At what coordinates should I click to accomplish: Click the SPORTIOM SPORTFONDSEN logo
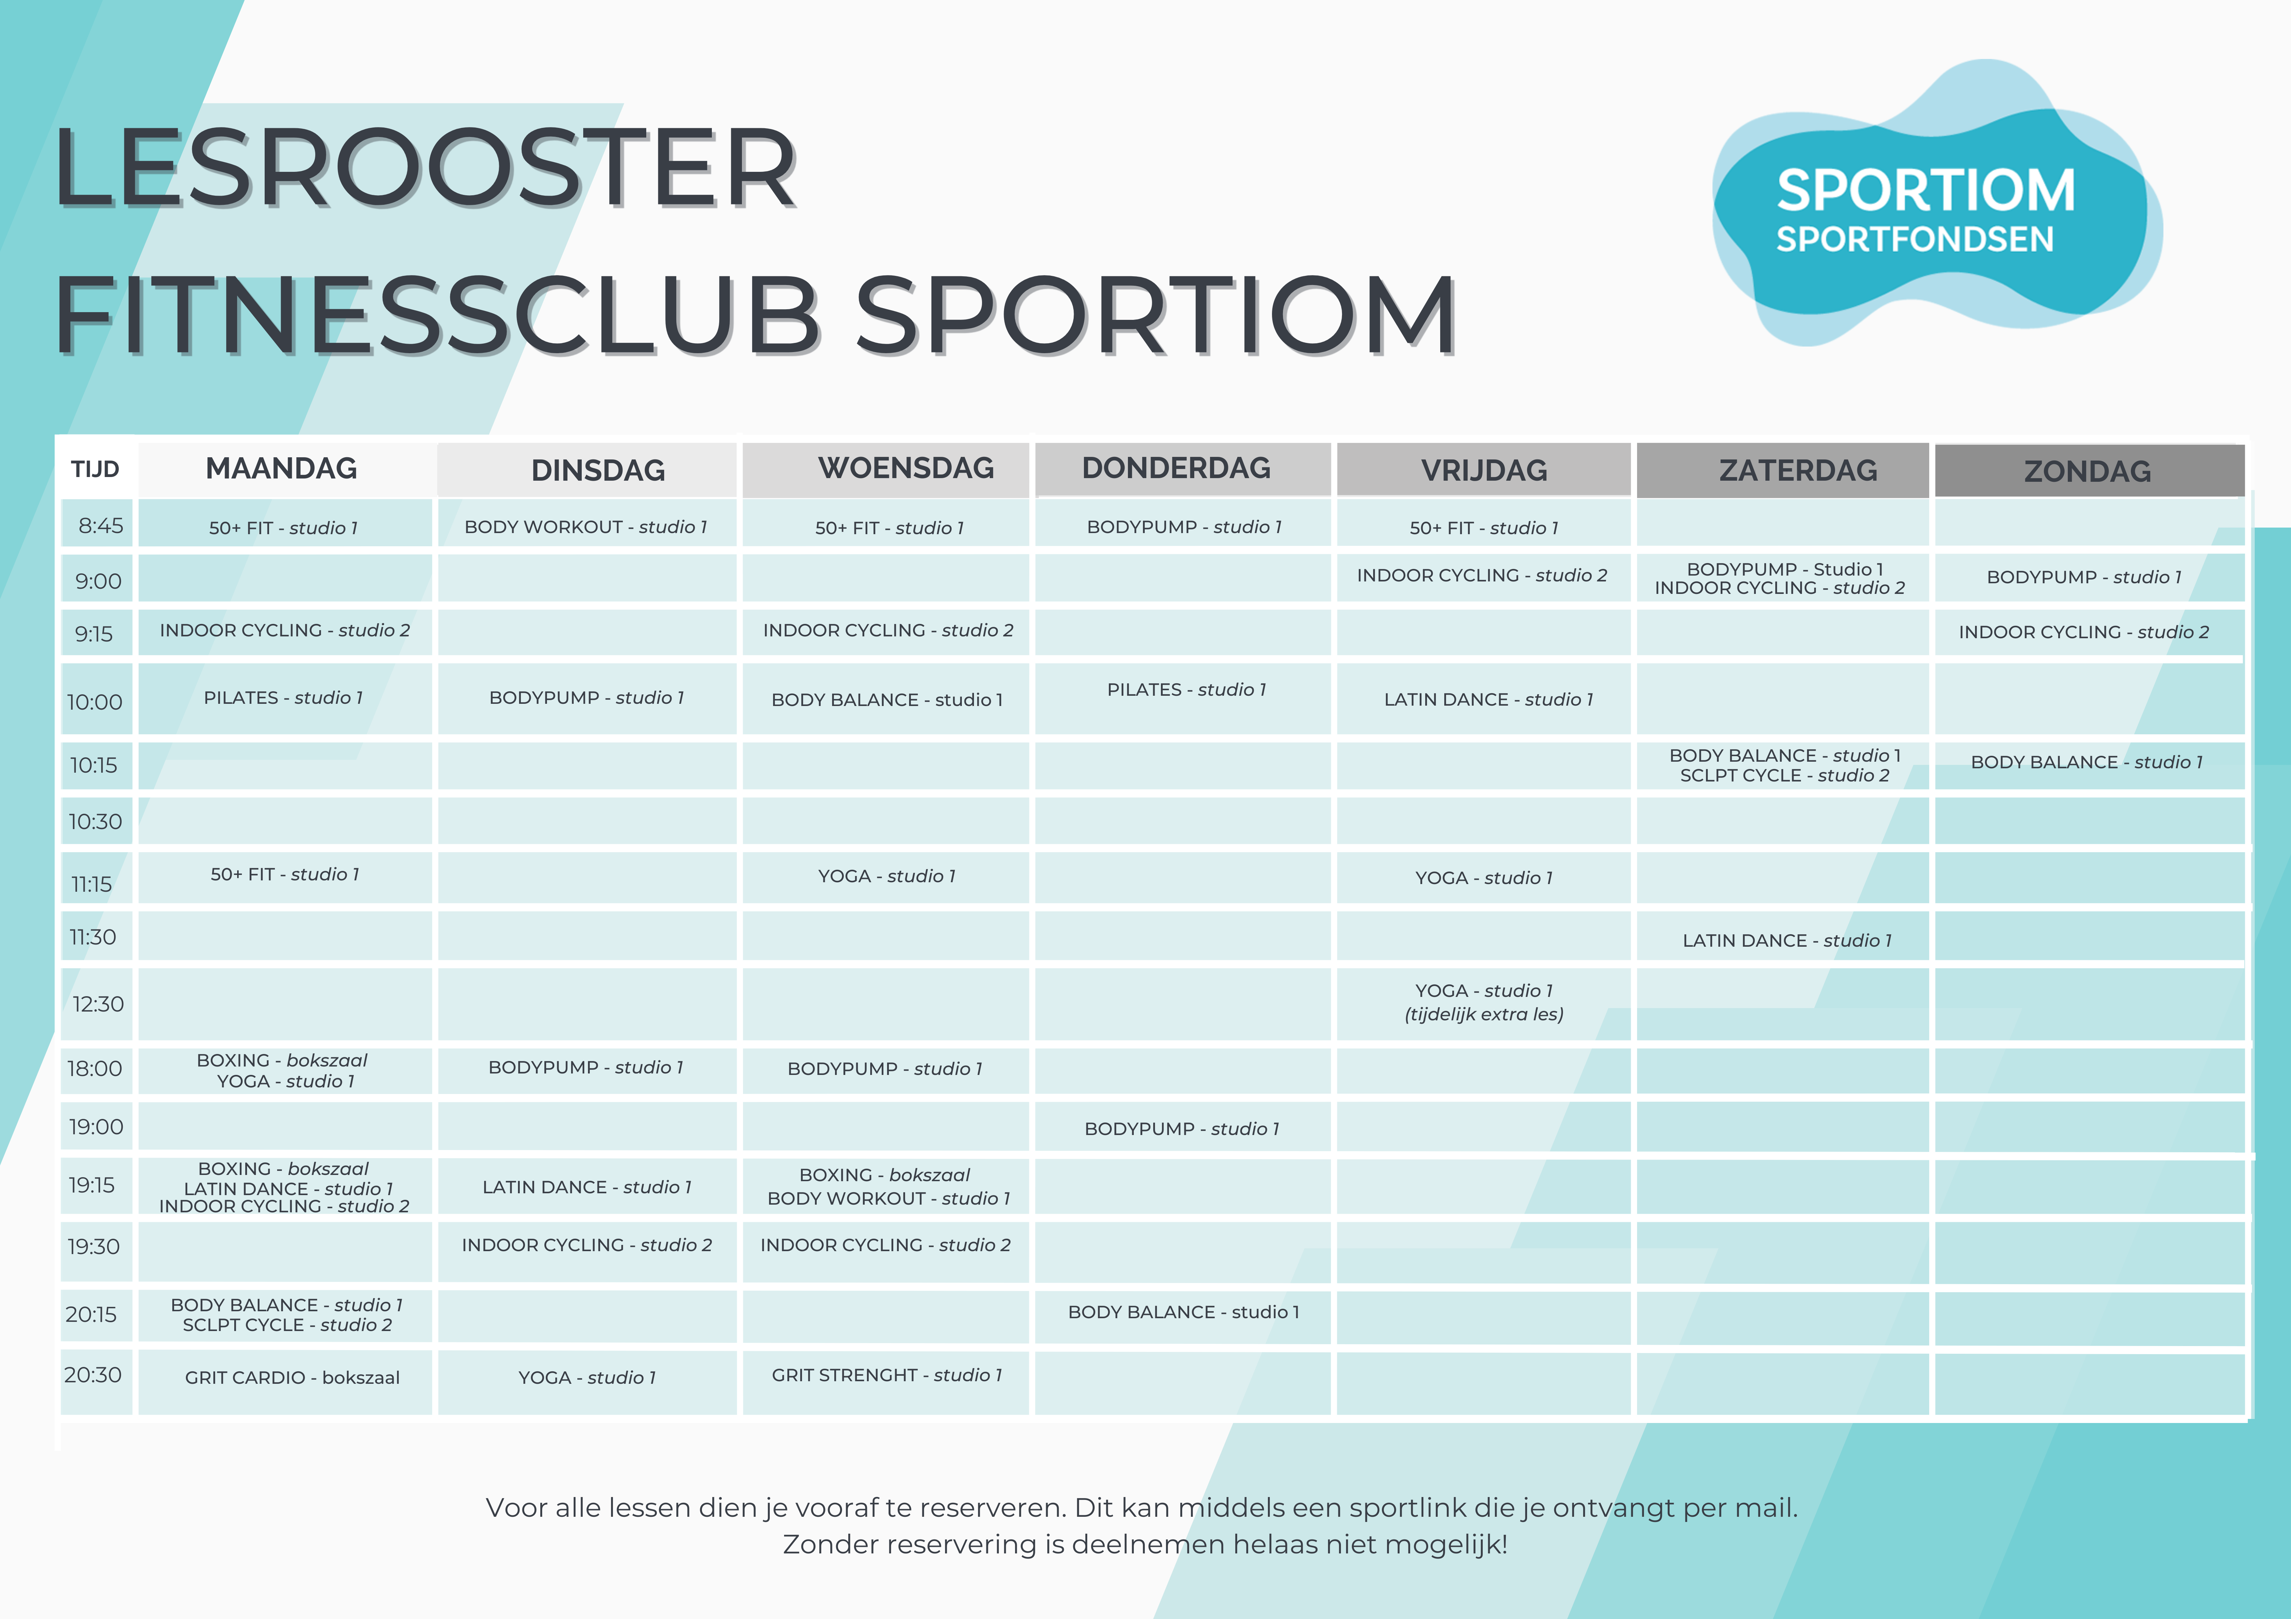[1936, 204]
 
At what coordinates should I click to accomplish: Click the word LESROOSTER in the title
[426, 167]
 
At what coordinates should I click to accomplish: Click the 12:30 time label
[98, 1003]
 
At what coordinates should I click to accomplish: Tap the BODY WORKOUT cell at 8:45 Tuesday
[586, 527]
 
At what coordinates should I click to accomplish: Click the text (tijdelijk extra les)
[1484, 1014]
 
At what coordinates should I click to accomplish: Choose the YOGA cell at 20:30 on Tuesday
[587, 1378]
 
